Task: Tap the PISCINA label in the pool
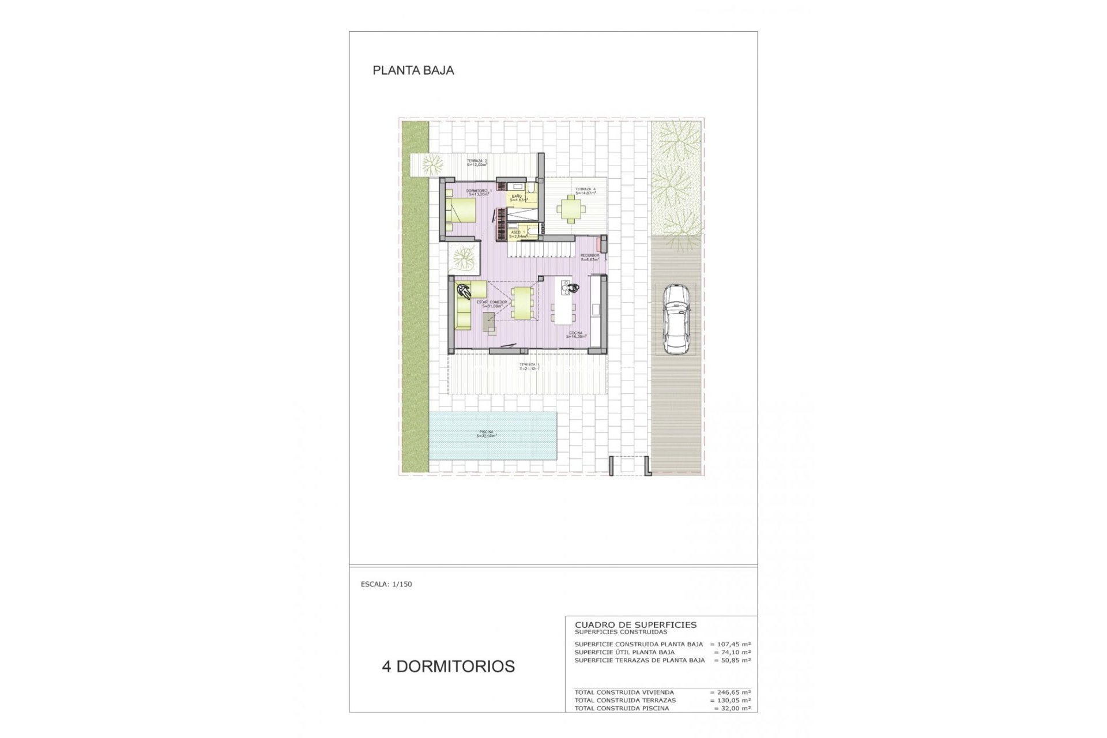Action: click(487, 434)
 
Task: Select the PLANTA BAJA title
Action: click(413, 70)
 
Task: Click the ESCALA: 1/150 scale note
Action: click(386, 584)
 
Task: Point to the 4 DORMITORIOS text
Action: click(448, 666)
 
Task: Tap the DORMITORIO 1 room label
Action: click(479, 192)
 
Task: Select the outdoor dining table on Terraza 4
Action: click(571, 209)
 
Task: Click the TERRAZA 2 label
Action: click(477, 163)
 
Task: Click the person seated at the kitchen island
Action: click(572, 288)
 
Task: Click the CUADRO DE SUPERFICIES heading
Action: click(635, 624)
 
